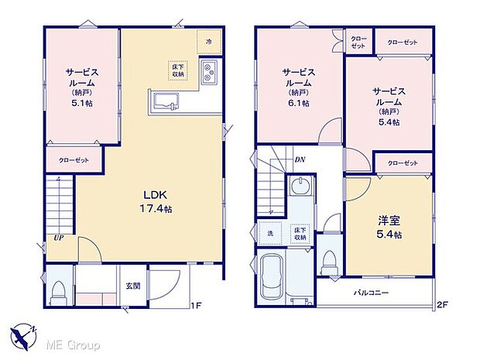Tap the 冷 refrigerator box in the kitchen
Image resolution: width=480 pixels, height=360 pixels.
point(208,41)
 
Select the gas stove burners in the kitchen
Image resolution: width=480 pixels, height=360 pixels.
point(209,73)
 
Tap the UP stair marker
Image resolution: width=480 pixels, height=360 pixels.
point(58,238)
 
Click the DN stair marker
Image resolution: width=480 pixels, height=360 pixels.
point(299,160)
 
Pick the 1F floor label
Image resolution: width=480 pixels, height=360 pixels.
point(197,305)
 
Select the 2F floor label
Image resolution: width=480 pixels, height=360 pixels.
point(442,305)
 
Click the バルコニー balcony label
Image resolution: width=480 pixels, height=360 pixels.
point(372,293)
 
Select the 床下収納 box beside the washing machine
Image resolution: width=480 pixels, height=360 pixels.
point(298,233)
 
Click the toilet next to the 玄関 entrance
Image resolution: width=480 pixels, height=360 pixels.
point(59,293)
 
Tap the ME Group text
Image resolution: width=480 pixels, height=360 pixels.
point(73,344)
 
